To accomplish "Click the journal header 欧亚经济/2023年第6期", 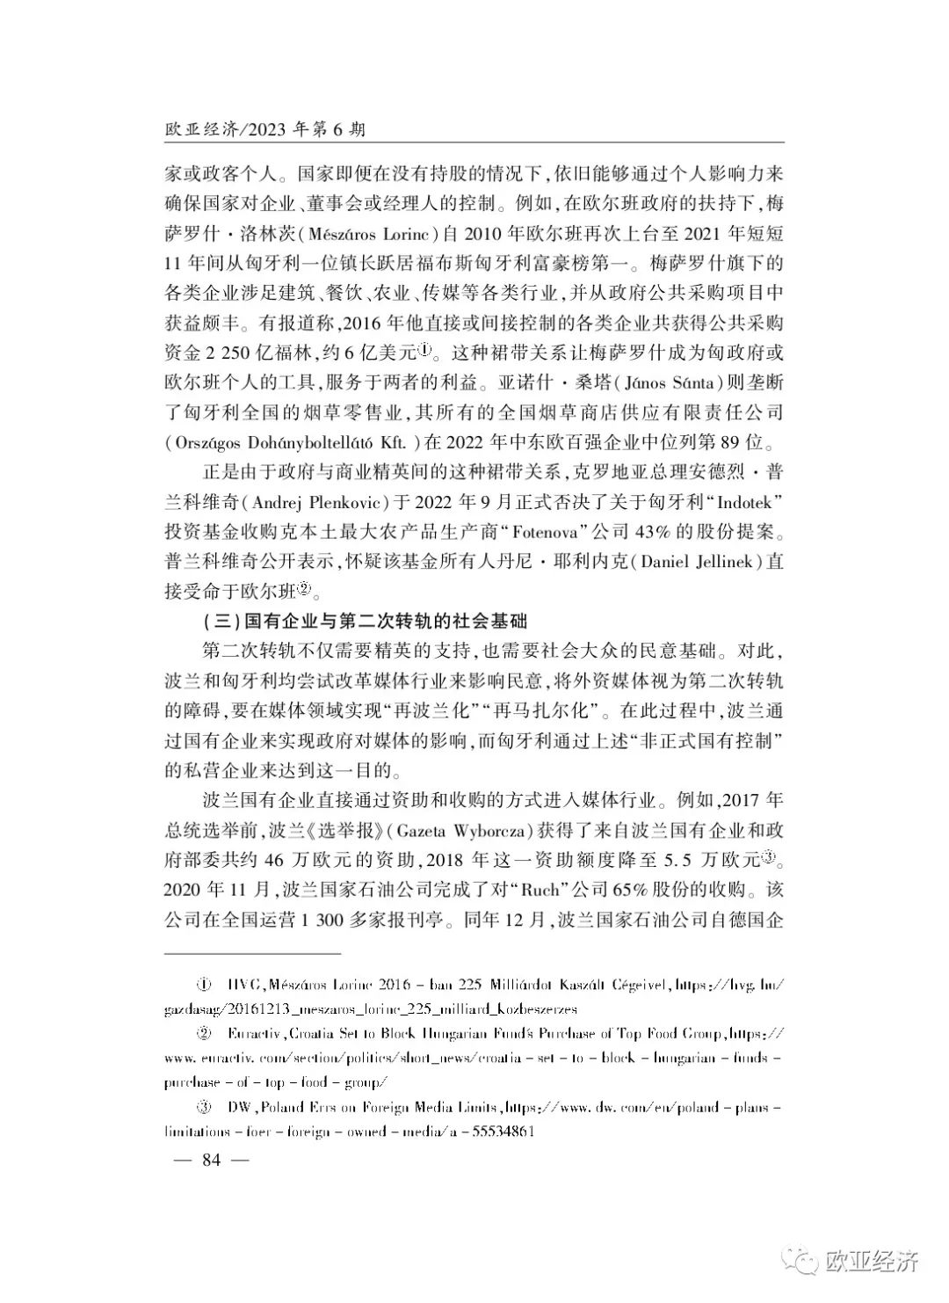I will point(264,129).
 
